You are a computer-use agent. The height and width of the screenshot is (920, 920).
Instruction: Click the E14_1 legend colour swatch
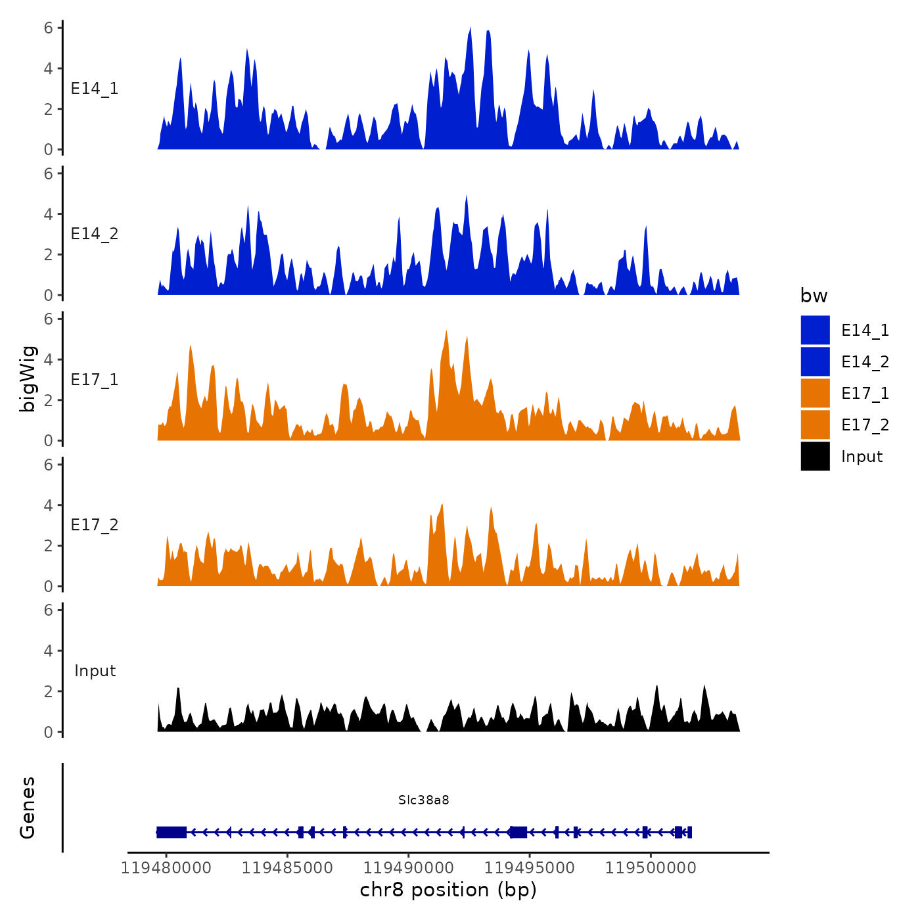815,330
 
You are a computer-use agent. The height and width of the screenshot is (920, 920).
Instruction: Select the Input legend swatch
815,456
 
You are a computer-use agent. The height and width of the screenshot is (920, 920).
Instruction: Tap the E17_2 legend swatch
815,425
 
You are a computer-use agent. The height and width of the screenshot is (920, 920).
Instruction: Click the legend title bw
814,296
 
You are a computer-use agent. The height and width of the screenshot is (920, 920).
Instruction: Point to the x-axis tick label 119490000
408,868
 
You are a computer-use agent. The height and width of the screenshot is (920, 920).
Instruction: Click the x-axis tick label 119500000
651,868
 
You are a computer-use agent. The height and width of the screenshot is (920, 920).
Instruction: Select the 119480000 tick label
166,868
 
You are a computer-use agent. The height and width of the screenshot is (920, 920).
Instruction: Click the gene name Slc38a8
424,800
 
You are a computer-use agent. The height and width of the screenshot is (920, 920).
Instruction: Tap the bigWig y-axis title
28,379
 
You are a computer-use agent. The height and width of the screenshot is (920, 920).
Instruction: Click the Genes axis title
28,808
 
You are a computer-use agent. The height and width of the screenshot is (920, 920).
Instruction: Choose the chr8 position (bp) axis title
448,890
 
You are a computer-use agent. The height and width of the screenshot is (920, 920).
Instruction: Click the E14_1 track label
95,89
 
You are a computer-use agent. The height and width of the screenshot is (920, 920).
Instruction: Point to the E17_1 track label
95,380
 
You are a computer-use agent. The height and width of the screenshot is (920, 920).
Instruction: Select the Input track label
95,671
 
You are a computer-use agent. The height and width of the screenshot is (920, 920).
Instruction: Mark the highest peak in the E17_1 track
446,333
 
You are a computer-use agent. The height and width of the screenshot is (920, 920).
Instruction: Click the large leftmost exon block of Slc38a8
172,832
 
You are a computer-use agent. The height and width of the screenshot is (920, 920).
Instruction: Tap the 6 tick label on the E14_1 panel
49,28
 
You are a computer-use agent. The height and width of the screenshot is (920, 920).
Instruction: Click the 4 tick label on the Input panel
49,651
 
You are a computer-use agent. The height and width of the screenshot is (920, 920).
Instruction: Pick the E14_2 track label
95,234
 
